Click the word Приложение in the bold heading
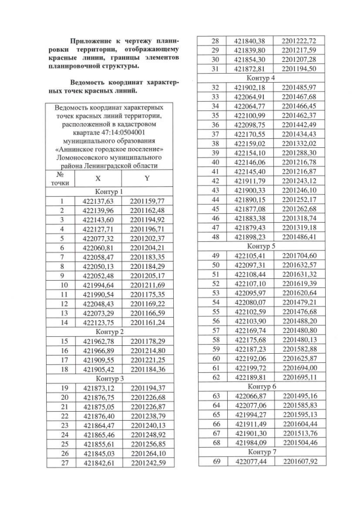click(x=89, y=42)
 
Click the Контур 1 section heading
click(x=109, y=192)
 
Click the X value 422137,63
click(x=98, y=201)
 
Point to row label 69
click(x=214, y=462)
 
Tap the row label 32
click(x=214, y=88)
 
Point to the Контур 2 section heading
click(x=109, y=332)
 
